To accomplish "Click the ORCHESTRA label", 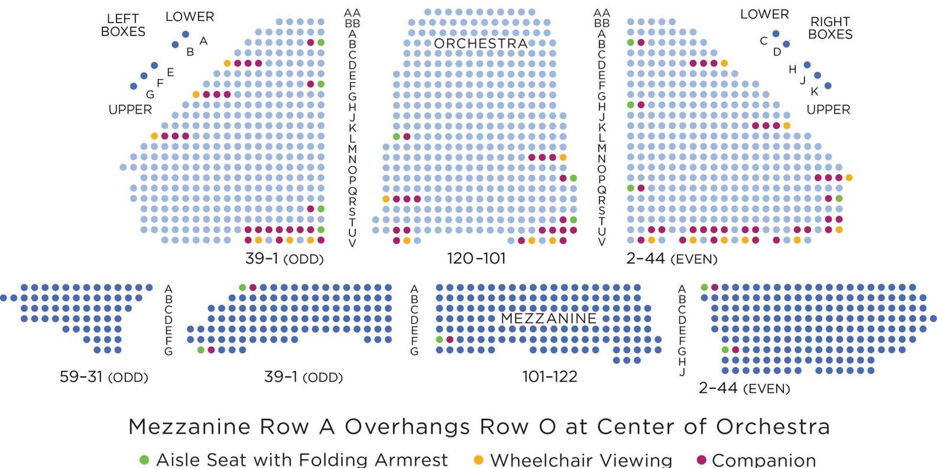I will tap(480, 43).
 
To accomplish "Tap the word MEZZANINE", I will tap(549, 318).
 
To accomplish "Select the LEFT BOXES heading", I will tap(123, 25).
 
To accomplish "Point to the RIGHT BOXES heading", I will tap(830, 28).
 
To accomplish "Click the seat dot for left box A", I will tap(185, 34).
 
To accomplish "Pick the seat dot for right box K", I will tap(828, 86).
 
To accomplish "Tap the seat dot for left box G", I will tap(134, 86).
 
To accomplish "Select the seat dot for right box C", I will tap(775, 34).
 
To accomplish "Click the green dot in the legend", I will tap(144, 460).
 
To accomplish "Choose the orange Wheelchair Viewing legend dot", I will tap(478, 460).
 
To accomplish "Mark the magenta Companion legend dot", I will tap(701, 460).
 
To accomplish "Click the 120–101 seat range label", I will tap(476, 258).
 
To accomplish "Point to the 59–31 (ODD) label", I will tap(104, 377).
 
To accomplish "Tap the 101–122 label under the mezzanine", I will tap(549, 377).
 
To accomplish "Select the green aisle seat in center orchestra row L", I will tap(396, 136).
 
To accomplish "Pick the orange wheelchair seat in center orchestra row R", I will tap(386, 199).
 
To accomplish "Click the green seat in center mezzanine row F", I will tap(439, 339).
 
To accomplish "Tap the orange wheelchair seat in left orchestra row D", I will tap(227, 63).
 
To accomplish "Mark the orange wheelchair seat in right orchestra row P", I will tap(849, 178).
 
